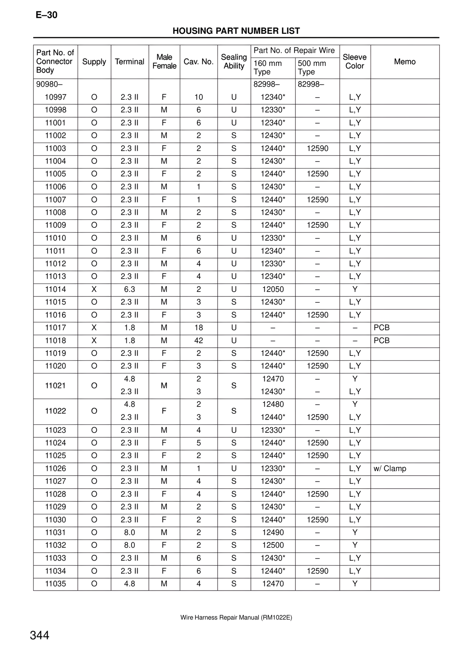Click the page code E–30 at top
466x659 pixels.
tap(47, 15)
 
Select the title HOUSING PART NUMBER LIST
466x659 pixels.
tap(236, 31)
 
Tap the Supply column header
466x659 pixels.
tap(94, 62)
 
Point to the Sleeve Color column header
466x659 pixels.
tap(355, 61)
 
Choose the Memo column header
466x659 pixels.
tap(404, 62)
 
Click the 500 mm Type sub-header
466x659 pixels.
tap(312, 67)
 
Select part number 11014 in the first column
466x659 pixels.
tap(55, 289)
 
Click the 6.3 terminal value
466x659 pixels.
tap(130, 289)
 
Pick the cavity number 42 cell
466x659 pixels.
tap(198, 341)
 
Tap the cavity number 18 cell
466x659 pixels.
tap(198, 328)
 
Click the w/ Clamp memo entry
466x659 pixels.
tap(390, 469)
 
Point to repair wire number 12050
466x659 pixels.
tap(273, 289)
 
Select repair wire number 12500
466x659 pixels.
tap(273, 545)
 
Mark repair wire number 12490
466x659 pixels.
tap(273, 533)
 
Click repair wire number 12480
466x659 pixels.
tap(273, 405)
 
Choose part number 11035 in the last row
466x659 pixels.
tap(55, 584)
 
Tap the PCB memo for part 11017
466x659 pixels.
tap(382, 328)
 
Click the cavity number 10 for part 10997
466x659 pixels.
tap(198, 97)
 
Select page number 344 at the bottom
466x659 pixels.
tap(40, 635)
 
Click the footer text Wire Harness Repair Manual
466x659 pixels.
tap(236, 618)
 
